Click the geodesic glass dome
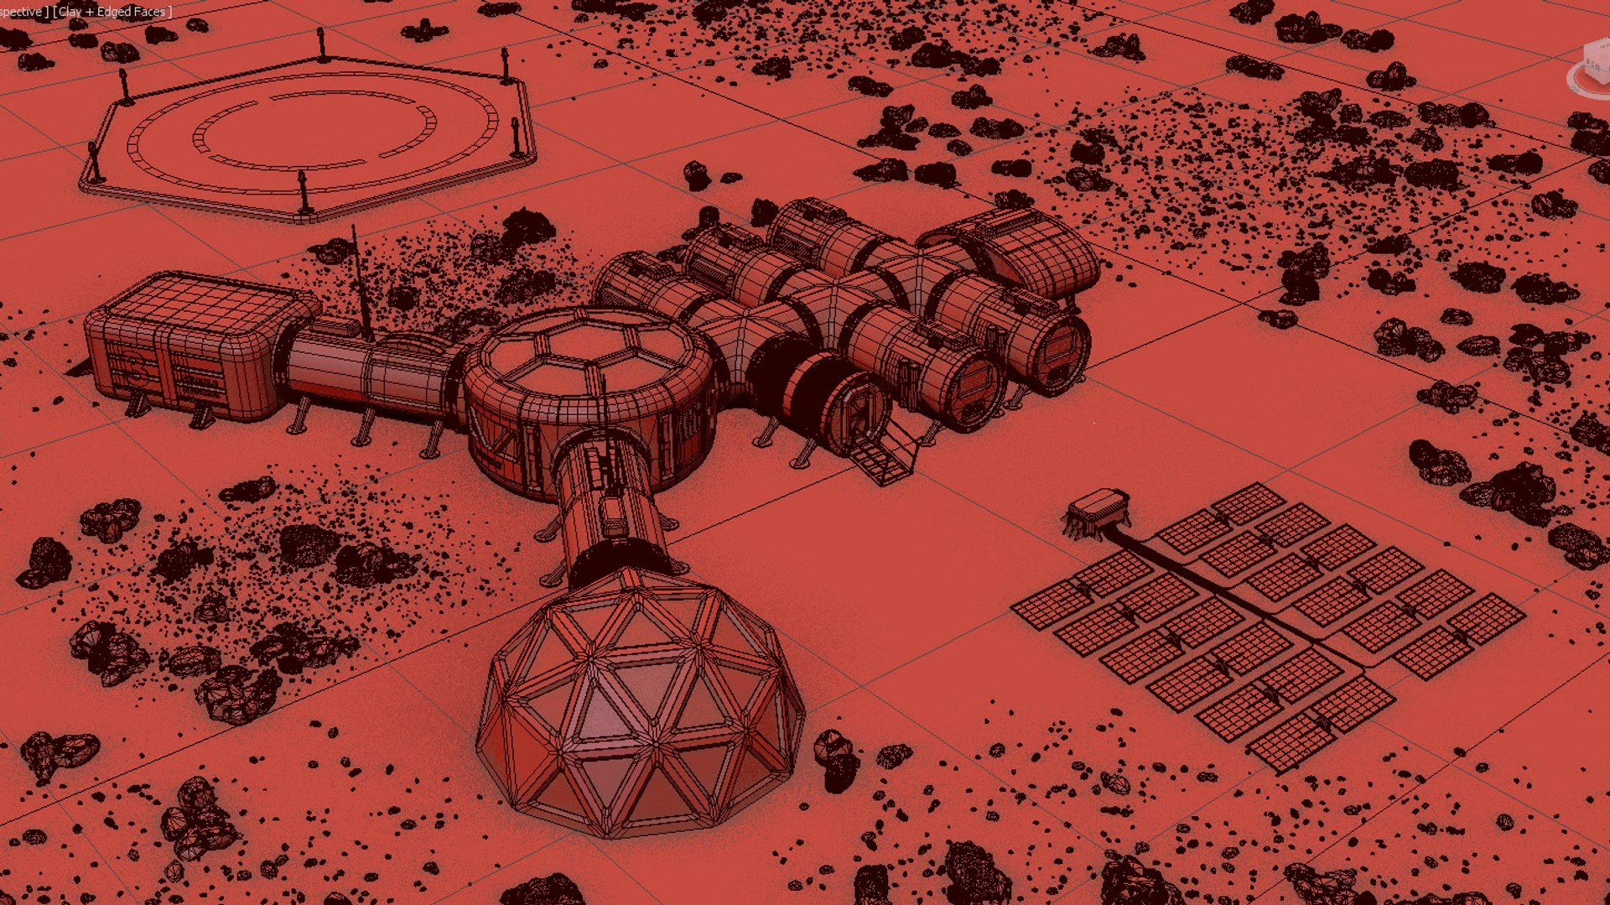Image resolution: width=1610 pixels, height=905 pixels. coord(641,705)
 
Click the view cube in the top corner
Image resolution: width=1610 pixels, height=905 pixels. coord(1593,67)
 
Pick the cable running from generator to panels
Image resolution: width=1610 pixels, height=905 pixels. coord(1216,587)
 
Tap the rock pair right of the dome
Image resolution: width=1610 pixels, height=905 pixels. coord(835,759)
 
